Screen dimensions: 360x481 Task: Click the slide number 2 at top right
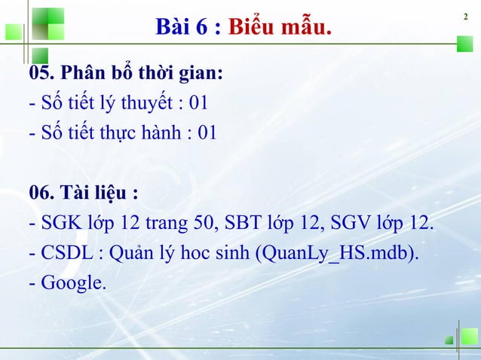(x=466, y=17)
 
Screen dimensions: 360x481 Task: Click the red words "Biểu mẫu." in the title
(x=280, y=28)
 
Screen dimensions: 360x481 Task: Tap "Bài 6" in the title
(x=180, y=28)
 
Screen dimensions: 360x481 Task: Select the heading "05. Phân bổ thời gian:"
(x=125, y=73)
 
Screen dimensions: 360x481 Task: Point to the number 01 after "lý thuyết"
(x=199, y=103)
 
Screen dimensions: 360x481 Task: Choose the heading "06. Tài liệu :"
(x=83, y=194)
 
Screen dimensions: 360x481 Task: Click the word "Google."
(x=73, y=283)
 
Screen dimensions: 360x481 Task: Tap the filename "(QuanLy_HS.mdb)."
(x=338, y=254)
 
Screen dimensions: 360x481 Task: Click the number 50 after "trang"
(x=226, y=224)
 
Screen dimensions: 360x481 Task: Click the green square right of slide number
(x=464, y=44)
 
